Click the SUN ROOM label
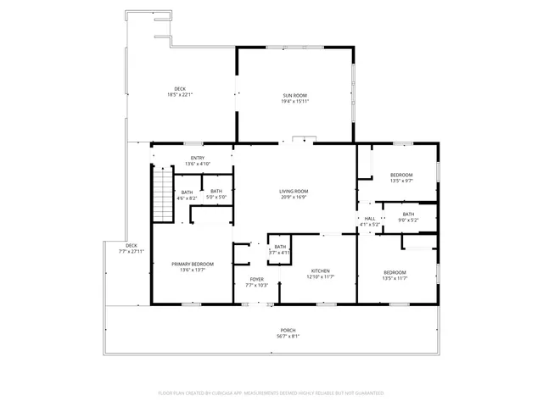click(294, 95)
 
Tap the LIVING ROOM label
click(294, 192)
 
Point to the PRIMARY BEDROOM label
click(193, 265)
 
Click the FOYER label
click(255, 279)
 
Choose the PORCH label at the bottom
click(288, 330)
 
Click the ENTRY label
click(198, 158)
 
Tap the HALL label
click(370, 219)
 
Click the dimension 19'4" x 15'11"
click(294, 101)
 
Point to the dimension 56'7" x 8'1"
click(288, 336)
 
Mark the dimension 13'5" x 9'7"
click(400, 181)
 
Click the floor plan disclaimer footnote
click(271, 393)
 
